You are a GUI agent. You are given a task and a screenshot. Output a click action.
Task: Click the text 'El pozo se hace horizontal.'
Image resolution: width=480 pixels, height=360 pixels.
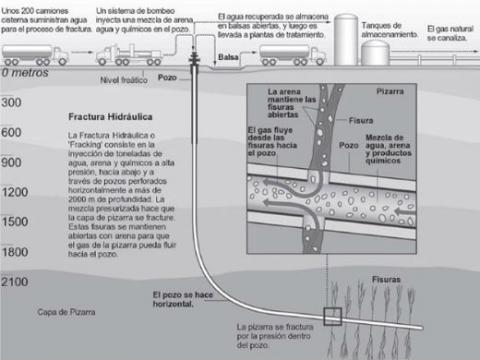pos(184,300)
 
